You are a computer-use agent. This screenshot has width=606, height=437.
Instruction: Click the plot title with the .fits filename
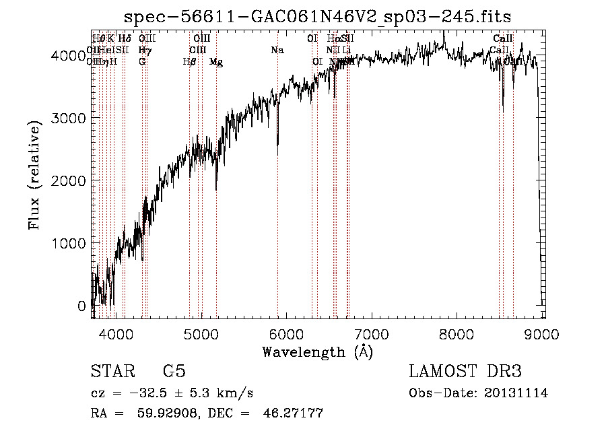[318, 16]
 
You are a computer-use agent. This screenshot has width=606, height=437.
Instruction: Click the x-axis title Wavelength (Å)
[317, 351]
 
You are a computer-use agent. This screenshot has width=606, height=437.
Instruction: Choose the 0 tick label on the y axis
[81, 306]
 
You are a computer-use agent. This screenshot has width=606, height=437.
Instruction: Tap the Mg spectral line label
[216, 62]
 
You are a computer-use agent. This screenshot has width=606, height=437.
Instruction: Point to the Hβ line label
[189, 62]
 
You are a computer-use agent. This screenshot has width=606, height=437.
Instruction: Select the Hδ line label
[125, 39]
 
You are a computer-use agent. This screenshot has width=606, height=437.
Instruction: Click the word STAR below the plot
[111, 372]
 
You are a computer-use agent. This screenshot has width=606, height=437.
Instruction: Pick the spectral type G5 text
[174, 372]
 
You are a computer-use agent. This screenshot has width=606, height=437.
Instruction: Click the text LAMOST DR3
[465, 372]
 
